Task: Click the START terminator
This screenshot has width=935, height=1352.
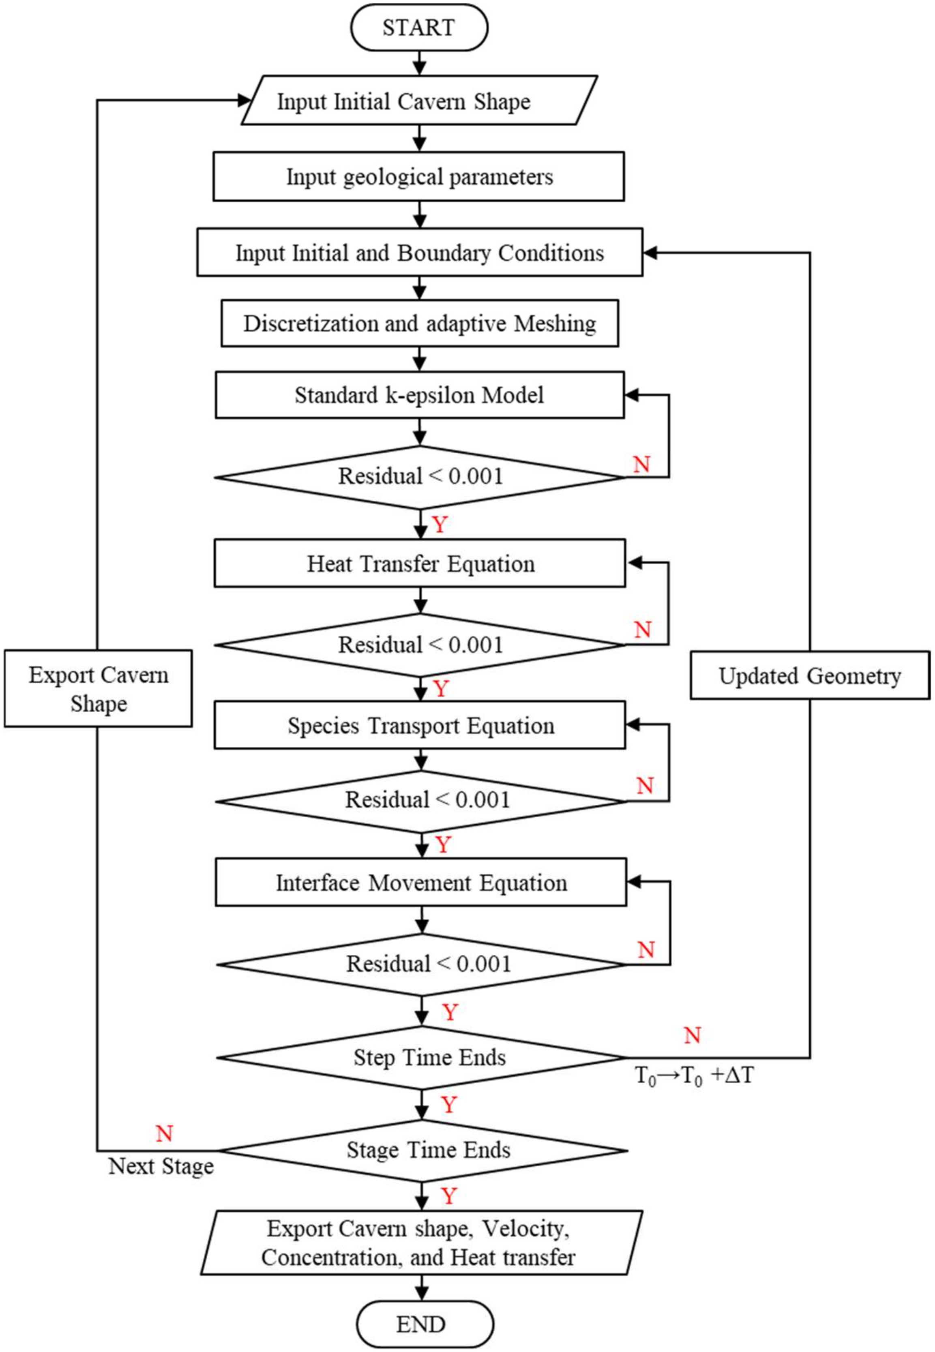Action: (419, 28)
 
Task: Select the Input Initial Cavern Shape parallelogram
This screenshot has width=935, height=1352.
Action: (419, 101)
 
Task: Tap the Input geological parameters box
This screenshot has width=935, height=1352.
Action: (419, 176)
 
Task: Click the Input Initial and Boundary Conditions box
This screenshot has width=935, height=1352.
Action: (420, 253)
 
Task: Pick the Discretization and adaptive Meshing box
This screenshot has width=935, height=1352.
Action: (420, 324)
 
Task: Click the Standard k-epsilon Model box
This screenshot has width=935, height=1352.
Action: (420, 395)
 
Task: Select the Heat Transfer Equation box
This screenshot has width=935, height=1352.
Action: (420, 563)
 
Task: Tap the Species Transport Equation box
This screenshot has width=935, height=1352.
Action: (420, 725)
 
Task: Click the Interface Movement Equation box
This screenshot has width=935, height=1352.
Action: (420, 882)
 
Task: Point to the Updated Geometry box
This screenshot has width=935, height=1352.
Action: (810, 675)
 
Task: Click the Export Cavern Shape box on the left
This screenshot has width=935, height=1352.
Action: (99, 688)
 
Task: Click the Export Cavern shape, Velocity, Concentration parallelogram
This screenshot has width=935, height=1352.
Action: (420, 1243)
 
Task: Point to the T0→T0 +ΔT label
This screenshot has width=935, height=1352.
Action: (694, 1076)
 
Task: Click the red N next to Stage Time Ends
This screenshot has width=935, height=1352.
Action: (164, 1133)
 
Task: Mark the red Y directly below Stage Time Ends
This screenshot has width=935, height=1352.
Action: (449, 1196)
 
